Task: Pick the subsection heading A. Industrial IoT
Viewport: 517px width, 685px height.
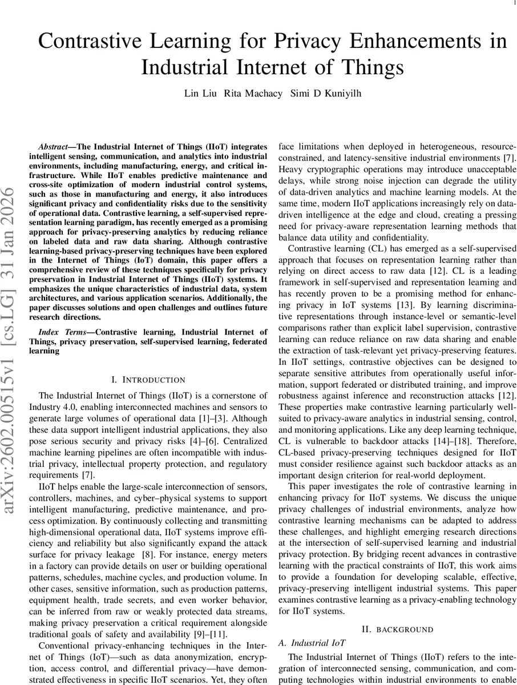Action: coord(313,642)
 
